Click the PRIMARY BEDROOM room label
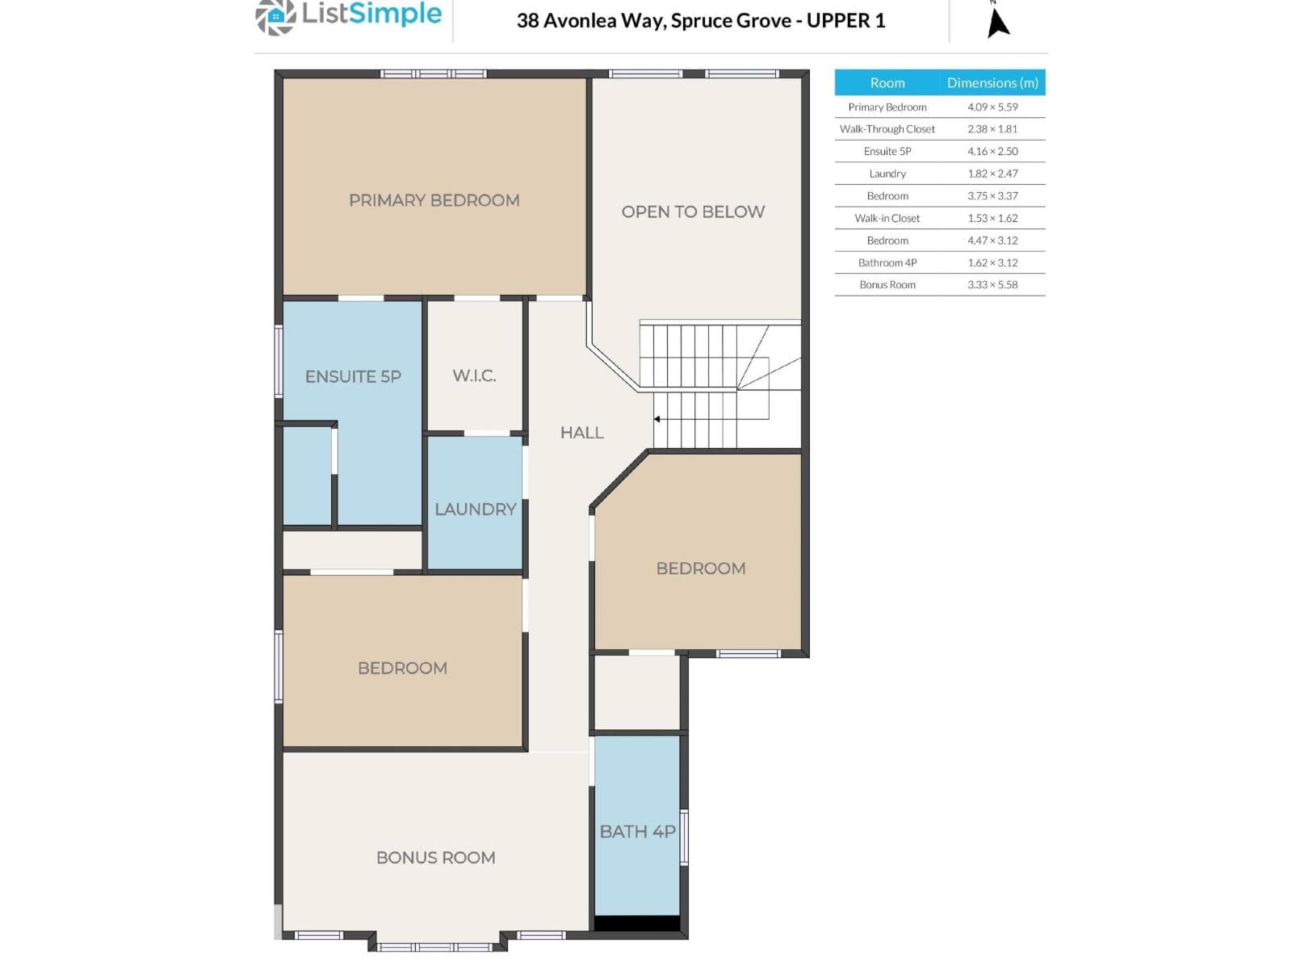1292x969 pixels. (x=434, y=200)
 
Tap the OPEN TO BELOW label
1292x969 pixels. (x=693, y=212)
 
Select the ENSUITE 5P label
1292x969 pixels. (x=353, y=376)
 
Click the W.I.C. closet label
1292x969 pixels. (x=475, y=375)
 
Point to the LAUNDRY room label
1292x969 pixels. (x=475, y=509)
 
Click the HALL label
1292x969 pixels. (x=581, y=433)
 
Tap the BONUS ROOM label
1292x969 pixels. (x=435, y=858)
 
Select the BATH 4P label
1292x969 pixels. (x=637, y=832)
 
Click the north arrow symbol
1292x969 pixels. (x=998, y=23)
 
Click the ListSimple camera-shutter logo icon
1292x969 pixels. (x=275, y=16)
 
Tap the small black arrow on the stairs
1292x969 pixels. (x=656, y=419)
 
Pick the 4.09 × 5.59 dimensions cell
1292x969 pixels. (x=992, y=107)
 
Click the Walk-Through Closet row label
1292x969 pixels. (x=887, y=129)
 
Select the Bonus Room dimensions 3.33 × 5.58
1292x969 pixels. (x=992, y=285)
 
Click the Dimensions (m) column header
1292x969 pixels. (x=992, y=83)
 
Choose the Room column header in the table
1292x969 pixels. (x=887, y=83)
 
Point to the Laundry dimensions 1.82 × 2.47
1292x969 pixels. (x=992, y=174)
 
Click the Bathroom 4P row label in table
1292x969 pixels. (x=887, y=262)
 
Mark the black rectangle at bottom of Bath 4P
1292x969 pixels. (x=637, y=923)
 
